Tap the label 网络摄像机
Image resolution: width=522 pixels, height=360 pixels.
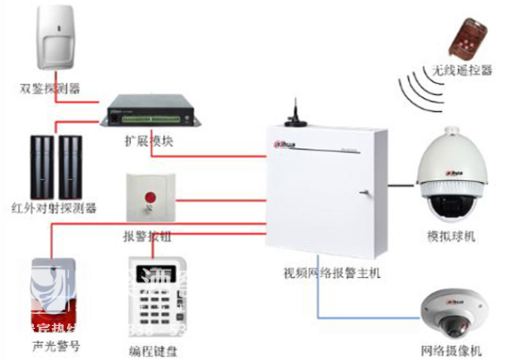tap(452, 350)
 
